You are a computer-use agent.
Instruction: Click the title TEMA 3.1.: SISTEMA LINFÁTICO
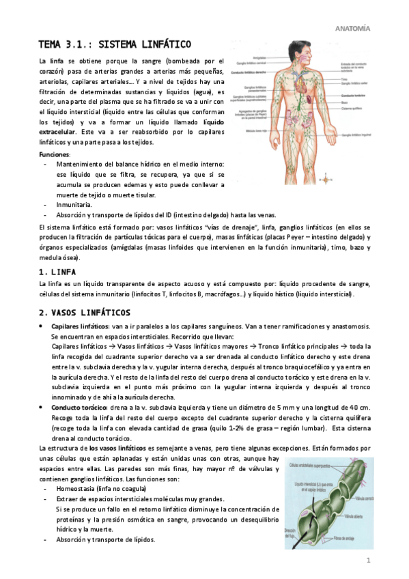pos(114,44)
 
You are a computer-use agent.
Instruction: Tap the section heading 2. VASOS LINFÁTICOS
pos(85,312)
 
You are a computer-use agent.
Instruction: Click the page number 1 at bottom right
pos(367,561)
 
